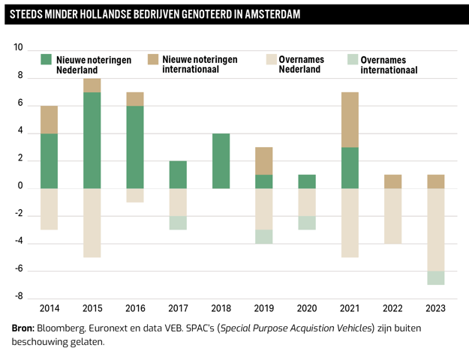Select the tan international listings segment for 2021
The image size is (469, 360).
coord(350,119)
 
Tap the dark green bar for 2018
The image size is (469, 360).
coord(221,160)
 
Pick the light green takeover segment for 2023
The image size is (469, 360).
coord(436,277)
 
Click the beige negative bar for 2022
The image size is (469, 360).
coord(393,215)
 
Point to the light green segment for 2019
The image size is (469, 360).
coord(264,236)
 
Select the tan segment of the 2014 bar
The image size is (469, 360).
coord(50,119)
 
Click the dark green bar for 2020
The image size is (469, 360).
coord(307,181)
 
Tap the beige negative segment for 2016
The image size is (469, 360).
coord(135,195)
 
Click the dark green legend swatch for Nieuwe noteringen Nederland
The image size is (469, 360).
coord(47,59)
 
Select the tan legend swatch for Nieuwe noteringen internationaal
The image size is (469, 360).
coord(153,59)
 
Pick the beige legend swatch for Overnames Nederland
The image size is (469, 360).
coord(272,59)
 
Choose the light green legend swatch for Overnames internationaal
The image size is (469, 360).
coord(353,59)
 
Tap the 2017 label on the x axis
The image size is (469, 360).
coord(178,307)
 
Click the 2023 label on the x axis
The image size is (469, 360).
coord(436,307)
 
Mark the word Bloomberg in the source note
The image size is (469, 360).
coord(62,328)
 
